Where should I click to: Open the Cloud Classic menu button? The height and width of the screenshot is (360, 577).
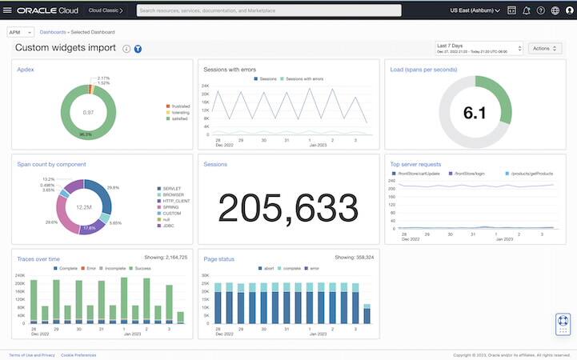tap(105, 11)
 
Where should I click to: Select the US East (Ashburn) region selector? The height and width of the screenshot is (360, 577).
tap(475, 11)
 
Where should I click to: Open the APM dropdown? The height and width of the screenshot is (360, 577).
tap(20, 32)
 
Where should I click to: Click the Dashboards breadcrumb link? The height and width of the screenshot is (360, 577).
tap(53, 32)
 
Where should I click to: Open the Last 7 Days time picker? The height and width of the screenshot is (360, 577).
tap(479, 48)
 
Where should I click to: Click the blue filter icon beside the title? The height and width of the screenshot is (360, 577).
tap(138, 49)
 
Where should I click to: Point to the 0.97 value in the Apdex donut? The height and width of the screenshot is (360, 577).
tap(88, 113)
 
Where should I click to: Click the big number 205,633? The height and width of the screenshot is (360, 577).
tap(288, 209)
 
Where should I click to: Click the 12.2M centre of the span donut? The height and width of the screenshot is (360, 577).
tap(82, 207)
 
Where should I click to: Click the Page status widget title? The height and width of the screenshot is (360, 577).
tap(220, 258)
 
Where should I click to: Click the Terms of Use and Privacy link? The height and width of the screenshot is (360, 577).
tap(32, 354)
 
